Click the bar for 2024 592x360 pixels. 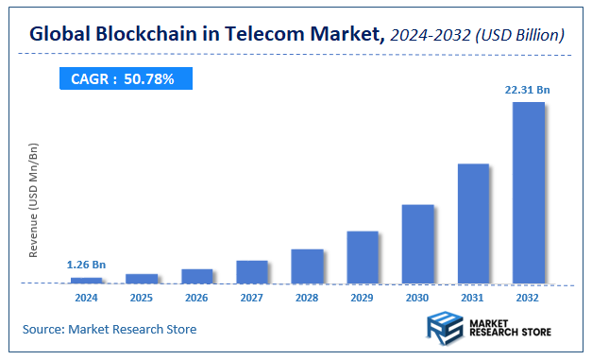click(87, 281)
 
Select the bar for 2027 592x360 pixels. click(252, 272)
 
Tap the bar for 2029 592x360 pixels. click(363, 257)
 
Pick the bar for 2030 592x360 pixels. click(417, 244)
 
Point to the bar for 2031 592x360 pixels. click(473, 224)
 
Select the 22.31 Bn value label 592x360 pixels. click(527, 90)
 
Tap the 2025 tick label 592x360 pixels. click(142, 298)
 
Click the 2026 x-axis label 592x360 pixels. click(196, 298)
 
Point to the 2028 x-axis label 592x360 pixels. click(307, 298)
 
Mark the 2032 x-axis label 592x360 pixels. click(529, 298)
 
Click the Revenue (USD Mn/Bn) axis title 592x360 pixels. click(35, 201)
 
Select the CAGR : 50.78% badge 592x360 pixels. click(123, 79)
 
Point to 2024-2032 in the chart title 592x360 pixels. click(430, 35)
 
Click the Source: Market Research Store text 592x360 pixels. click(110, 329)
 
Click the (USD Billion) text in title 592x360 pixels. click(520, 35)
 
